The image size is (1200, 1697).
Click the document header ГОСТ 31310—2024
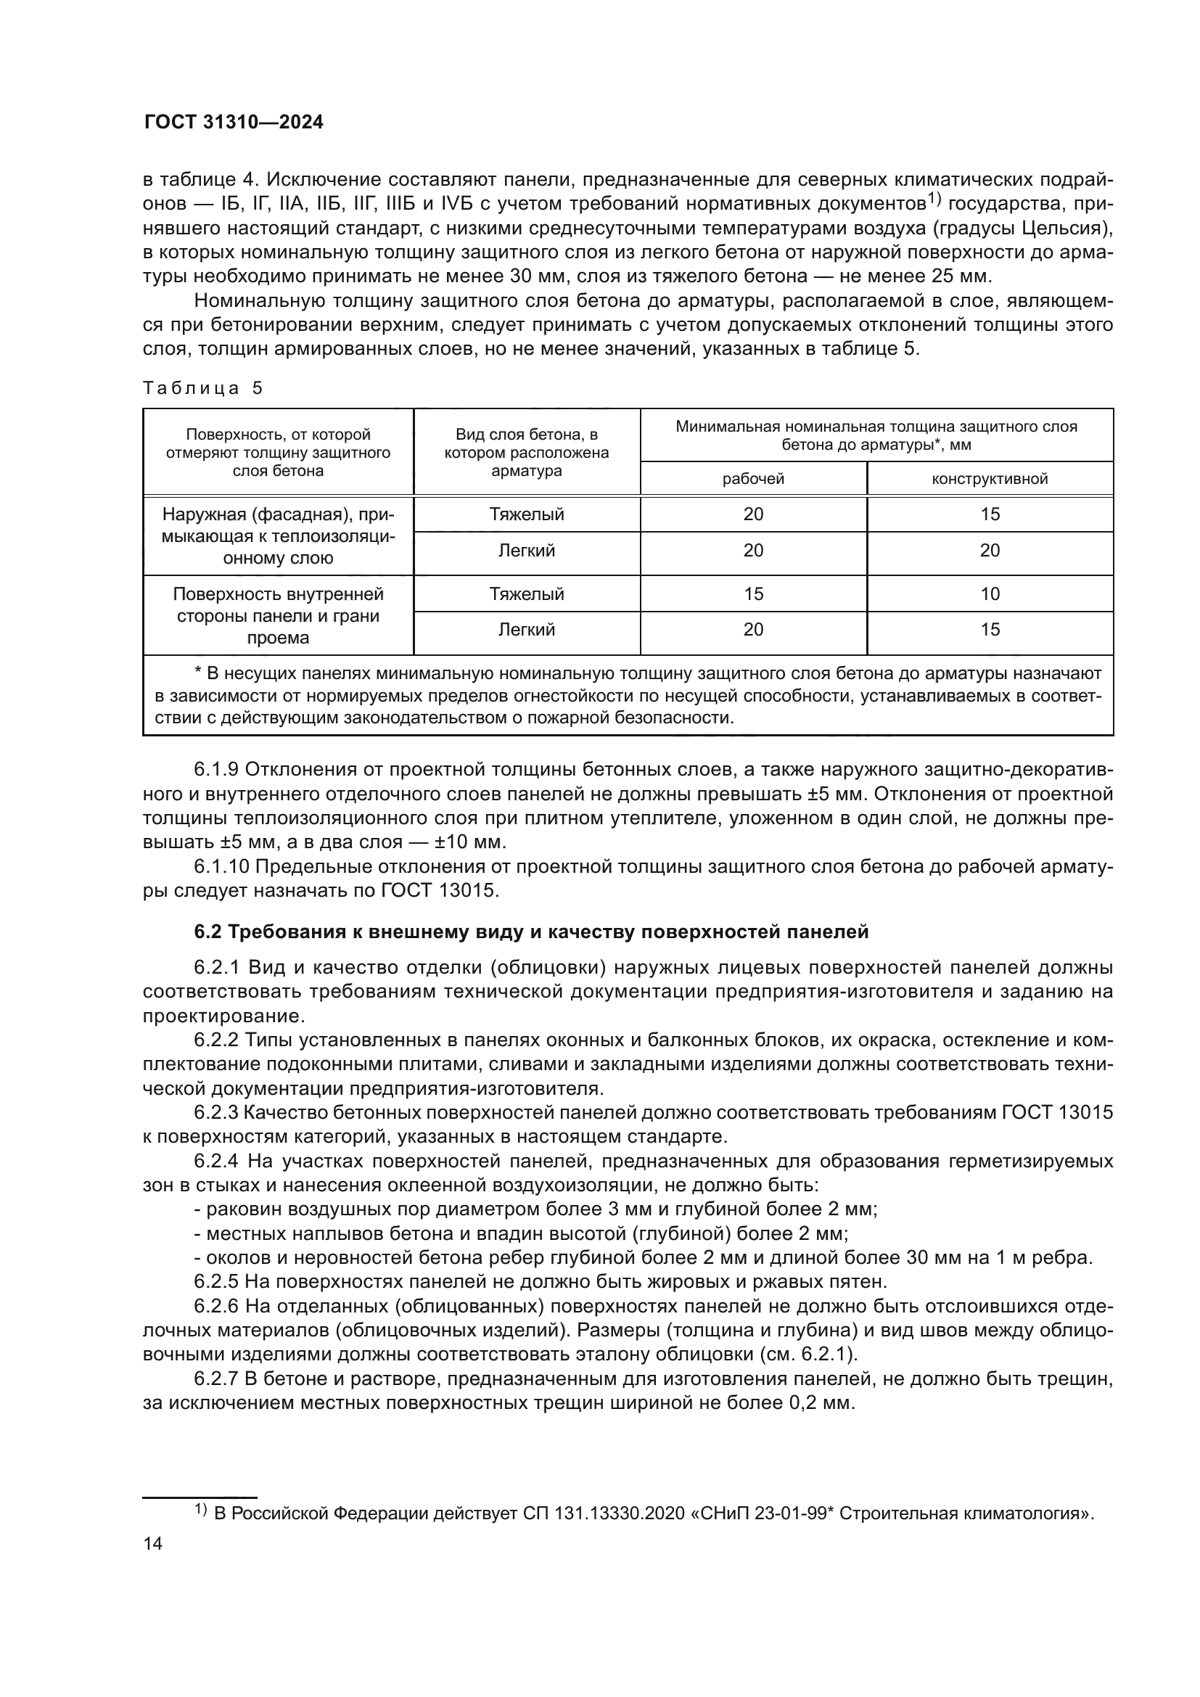click(233, 123)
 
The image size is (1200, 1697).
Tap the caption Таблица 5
click(202, 388)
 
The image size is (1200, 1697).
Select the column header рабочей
click(753, 479)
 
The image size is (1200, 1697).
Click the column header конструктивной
click(990, 479)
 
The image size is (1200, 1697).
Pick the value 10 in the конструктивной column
click(990, 593)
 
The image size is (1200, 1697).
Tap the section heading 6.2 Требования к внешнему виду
click(531, 932)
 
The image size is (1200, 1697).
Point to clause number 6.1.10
click(221, 866)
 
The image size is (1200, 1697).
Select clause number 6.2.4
click(216, 1161)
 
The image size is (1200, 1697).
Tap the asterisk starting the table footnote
click(197, 673)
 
